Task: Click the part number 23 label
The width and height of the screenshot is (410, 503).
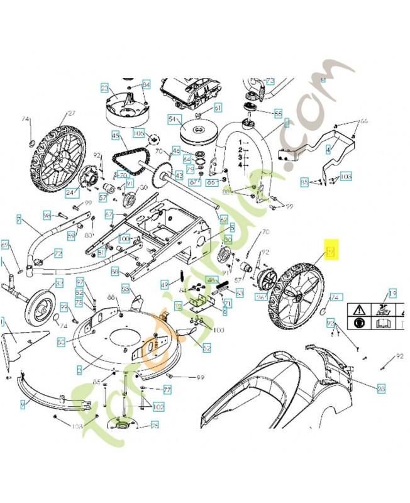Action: (x=104, y=87)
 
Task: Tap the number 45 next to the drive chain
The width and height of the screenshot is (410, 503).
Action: (x=115, y=135)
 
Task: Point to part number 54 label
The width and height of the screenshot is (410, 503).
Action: (x=172, y=119)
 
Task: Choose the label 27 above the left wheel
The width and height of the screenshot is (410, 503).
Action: (x=71, y=113)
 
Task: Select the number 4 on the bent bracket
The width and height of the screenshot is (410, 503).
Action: (x=328, y=150)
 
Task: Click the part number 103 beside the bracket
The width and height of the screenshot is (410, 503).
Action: (x=345, y=177)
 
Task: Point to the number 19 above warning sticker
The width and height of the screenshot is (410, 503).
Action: (x=392, y=294)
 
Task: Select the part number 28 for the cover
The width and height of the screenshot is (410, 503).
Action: (x=381, y=389)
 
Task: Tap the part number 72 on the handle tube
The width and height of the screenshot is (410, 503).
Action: (x=58, y=253)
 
